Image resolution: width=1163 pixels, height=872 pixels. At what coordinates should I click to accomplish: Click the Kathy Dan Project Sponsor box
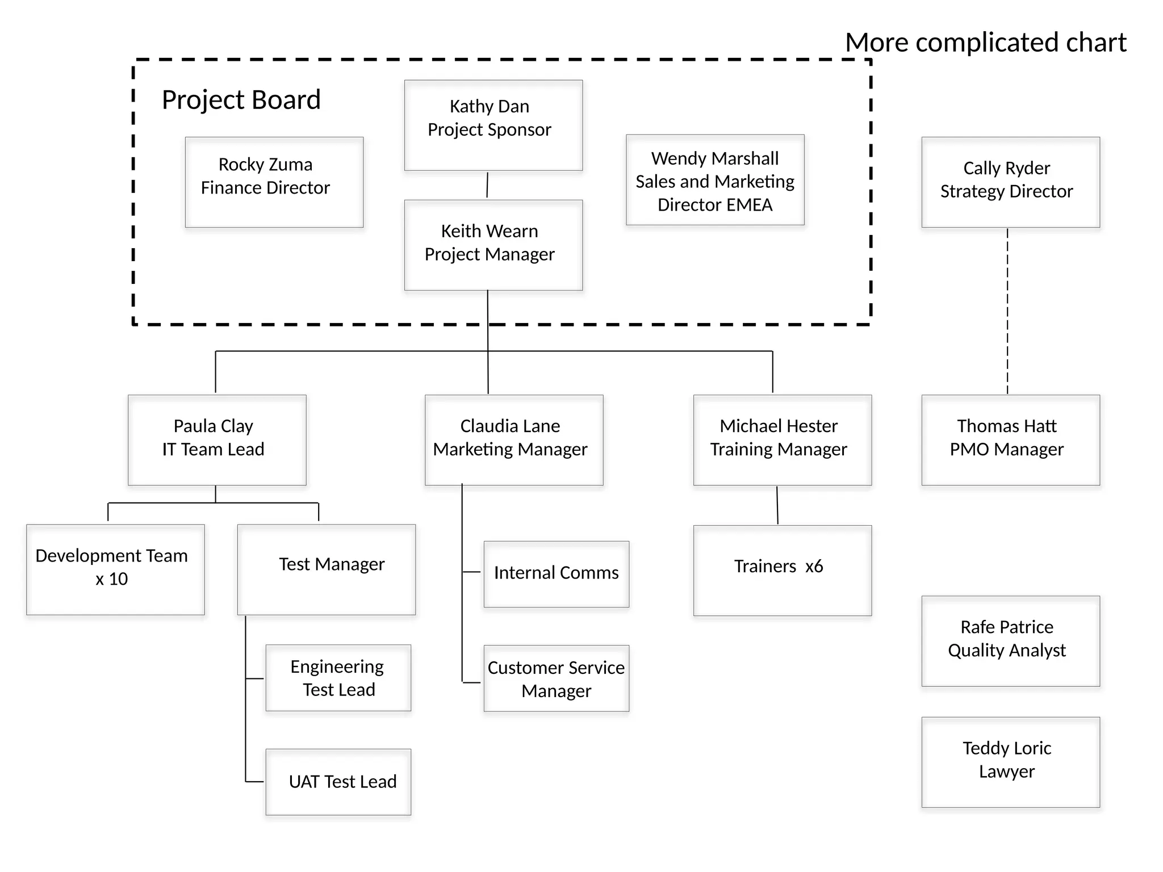493,125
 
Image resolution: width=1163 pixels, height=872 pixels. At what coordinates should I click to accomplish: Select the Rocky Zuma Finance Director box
274,182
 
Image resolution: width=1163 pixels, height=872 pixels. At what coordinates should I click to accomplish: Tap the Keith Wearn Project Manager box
493,245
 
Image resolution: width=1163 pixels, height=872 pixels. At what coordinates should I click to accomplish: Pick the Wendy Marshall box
715,180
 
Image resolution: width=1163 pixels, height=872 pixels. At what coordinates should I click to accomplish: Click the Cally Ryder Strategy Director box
1010,182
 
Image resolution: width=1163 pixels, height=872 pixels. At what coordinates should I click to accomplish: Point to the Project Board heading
241,100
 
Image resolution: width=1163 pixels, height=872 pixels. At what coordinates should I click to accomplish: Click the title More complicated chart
986,43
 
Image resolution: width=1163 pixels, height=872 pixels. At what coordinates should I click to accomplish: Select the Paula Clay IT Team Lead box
217,440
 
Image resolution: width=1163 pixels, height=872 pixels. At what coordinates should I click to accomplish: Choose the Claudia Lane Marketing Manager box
513,440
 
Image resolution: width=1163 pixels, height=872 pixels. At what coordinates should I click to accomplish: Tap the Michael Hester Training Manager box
782,440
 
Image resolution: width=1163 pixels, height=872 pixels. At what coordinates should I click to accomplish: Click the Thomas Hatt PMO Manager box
1010,440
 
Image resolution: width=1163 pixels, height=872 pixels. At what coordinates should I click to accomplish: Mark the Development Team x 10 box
115,569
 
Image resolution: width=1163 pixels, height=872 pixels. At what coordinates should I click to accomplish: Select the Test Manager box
326,569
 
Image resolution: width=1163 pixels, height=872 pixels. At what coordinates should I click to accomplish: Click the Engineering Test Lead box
338,678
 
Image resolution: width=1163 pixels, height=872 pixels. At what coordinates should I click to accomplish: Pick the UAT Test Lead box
338,782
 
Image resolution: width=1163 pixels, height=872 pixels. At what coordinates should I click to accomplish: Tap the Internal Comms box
556,574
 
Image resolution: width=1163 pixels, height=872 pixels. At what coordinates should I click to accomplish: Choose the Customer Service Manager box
556,678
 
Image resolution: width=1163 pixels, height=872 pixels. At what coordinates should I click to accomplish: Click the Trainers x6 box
782,570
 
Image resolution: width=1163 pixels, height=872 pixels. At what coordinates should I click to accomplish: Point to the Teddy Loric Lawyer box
1010,762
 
